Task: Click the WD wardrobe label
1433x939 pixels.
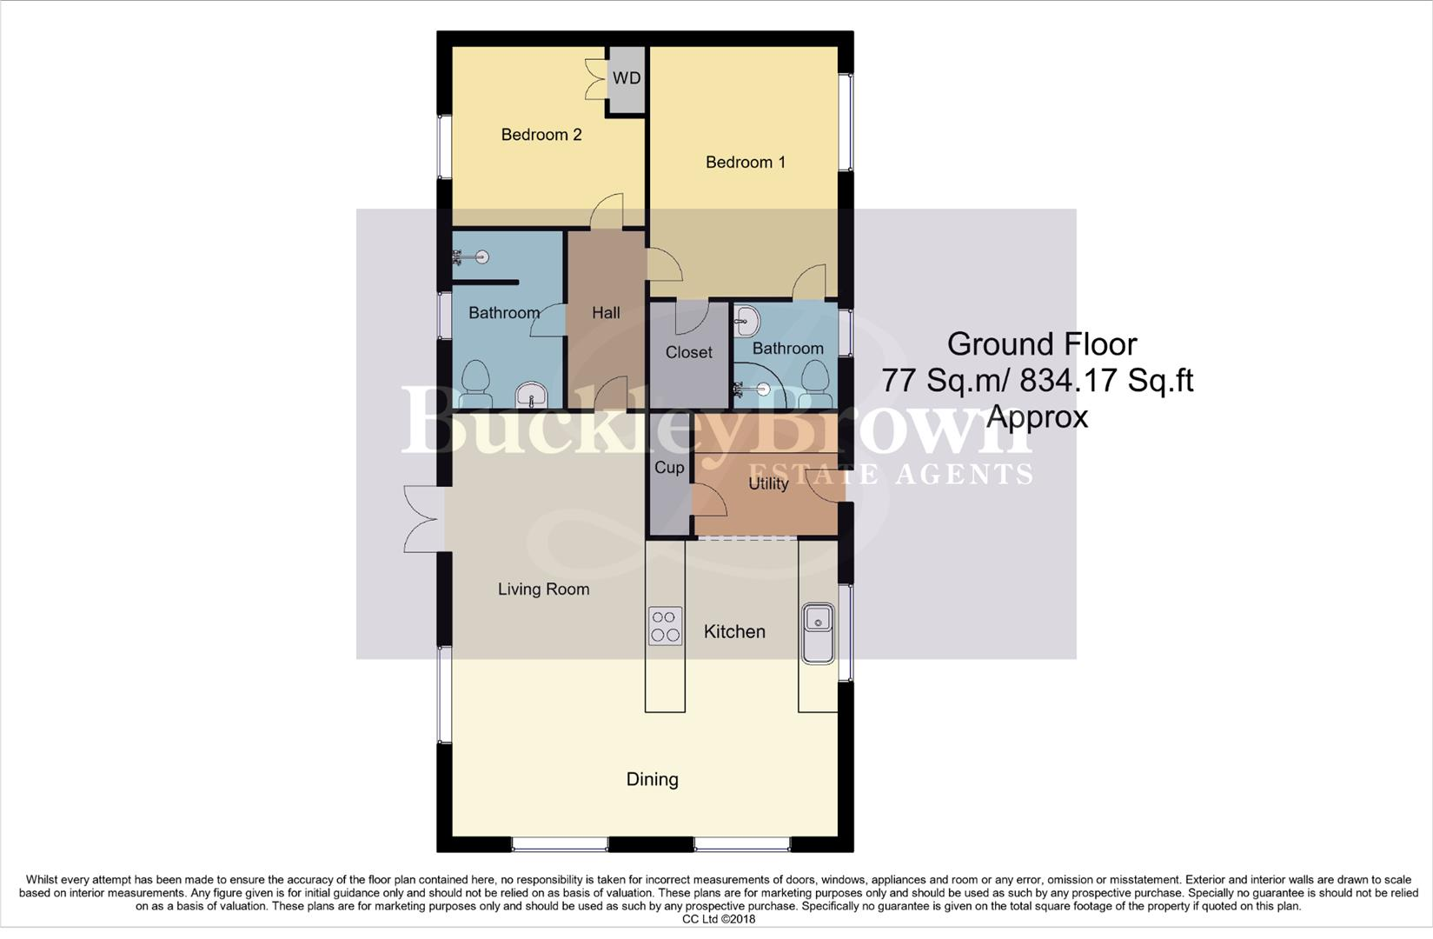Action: (x=626, y=78)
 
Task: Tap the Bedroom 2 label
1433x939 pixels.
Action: (x=541, y=135)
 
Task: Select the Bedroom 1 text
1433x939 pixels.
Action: (x=745, y=163)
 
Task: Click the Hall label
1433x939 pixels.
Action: (x=606, y=313)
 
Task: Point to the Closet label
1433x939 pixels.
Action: (x=688, y=352)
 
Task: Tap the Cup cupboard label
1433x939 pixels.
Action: (x=668, y=468)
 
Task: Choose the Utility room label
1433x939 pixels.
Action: (x=768, y=483)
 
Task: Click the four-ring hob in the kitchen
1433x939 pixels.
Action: (x=666, y=626)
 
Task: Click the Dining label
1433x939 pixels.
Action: (x=652, y=779)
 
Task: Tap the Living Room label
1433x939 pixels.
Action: (x=543, y=589)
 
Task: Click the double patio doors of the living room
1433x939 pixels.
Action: (x=421, y=519)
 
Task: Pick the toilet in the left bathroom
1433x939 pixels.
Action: (x=474, y=384)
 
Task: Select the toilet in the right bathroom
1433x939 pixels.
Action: (x=815, y=383)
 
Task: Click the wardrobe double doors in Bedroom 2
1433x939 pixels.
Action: (x=596, y=79)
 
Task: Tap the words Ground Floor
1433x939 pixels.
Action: (x=1041, y=344)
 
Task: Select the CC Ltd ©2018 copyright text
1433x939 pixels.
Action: (x=718, y=919)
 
